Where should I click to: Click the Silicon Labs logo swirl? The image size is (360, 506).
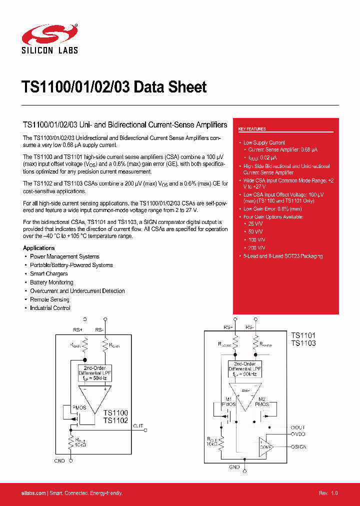(x=49, y=33)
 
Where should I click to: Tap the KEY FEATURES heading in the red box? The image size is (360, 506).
(x=252, y=129)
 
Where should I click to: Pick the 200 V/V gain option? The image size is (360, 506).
(x=257, y=247)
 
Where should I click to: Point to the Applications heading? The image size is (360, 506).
(x=39, y=248)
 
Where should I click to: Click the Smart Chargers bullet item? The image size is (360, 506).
(x=48, y=274)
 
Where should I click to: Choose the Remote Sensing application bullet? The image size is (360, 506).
(x=49, y=299)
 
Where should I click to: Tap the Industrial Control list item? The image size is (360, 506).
(x=50, y=308)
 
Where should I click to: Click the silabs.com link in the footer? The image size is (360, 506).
(x=34, y=493)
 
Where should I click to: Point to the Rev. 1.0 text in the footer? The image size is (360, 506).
(x=328, y=493)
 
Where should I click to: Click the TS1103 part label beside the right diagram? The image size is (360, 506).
(x=303, y=343)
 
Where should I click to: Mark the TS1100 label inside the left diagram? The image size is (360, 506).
(x=115, y=412)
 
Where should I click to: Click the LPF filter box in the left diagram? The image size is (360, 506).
(x=94, y=372)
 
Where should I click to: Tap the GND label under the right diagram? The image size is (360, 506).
(x=234, y=467)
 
